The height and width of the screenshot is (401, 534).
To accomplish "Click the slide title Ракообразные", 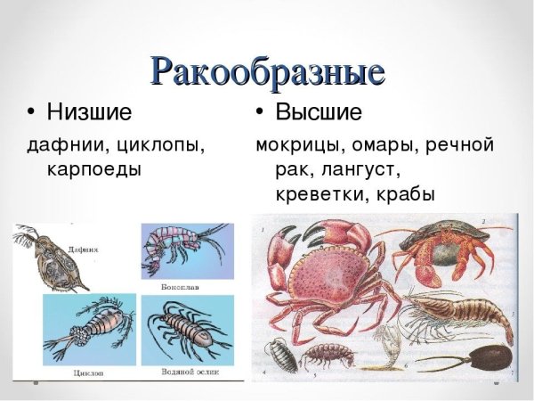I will (x=267, y=70).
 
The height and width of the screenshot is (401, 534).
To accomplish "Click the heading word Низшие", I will (x=88, y=113).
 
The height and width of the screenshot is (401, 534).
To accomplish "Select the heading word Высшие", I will (x=318, y=113).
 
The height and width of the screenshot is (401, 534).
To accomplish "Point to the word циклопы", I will (x=156, y=144).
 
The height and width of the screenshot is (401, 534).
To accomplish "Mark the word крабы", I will (x=403, y=192).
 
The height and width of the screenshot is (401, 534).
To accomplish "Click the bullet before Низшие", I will (x=32, y=113).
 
